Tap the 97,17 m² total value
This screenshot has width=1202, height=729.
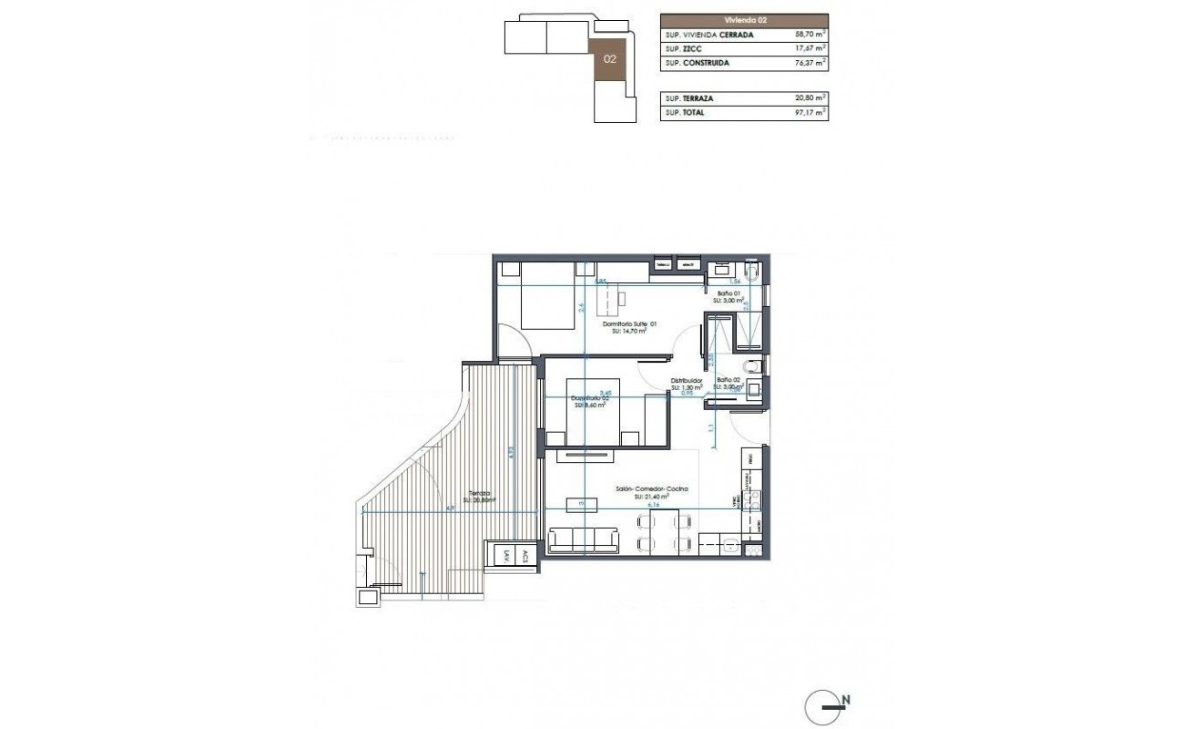810,113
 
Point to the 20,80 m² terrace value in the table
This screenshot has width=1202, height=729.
810,98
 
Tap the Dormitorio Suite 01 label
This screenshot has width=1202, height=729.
629,323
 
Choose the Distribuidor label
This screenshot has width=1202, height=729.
686,381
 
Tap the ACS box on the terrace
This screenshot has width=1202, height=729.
525,556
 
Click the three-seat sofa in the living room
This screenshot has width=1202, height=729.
582,539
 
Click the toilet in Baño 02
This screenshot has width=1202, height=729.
749,366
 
